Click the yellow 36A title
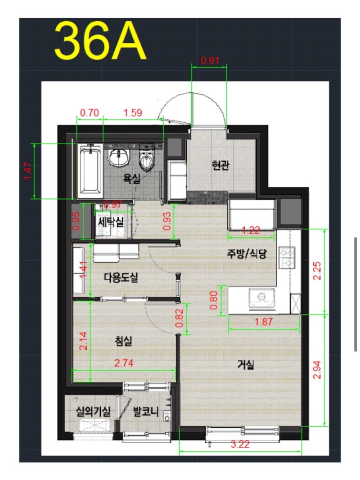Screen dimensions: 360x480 click(x=100, y=41)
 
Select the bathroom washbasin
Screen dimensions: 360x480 click(x=119, y=157)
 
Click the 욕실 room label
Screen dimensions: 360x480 click(x=132, y=178)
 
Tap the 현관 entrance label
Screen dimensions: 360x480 click(x=220, y=165)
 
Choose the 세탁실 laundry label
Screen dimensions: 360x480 click(x=111, y=222)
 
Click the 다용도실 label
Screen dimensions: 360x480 click(x=121, y=278)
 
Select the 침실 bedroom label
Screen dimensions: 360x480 click(x=123, y=341)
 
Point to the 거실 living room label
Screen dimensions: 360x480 click(x=246, y=364)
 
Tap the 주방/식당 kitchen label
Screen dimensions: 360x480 click(x=247, y=253)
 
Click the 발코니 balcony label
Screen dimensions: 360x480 click(x=146, y=412)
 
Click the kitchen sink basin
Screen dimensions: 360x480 click(x=261, y=298)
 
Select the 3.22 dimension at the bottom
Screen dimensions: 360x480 click(x=240, y=444)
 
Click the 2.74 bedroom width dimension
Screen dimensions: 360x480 click(x=124, y=363)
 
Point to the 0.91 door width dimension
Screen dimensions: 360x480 click(x=210, y=60)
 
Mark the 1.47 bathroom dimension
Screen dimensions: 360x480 click(x=27, y=171)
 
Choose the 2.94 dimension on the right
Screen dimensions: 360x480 click(x=317, y=370)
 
